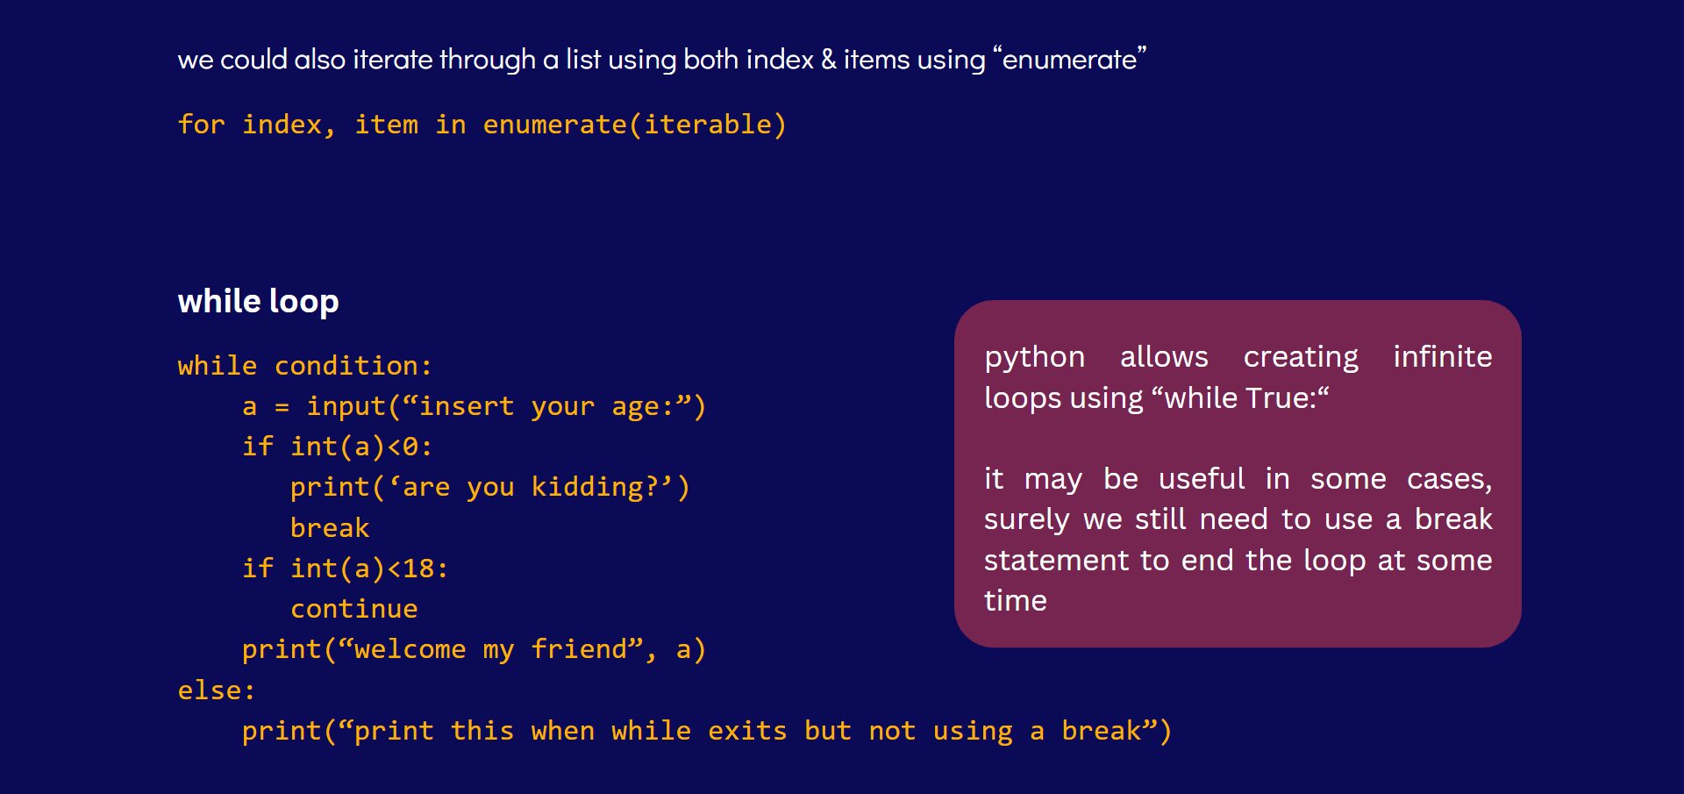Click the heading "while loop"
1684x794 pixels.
258,302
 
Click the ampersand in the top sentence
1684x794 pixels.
829,59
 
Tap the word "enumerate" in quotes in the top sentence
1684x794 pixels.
1069,60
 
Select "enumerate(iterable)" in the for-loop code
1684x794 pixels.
634,125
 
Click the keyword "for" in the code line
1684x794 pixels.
201,125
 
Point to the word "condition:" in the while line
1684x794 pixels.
353,366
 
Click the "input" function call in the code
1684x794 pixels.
346,407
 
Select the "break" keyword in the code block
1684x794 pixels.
330,527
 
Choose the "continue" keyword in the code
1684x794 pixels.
353,609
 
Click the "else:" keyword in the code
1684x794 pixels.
217,690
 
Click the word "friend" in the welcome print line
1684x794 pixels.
579,649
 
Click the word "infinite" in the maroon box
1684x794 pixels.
1443,356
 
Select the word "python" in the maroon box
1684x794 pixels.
1035,358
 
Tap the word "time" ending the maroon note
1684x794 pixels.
1016,600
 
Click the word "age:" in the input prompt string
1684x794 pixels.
643,407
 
